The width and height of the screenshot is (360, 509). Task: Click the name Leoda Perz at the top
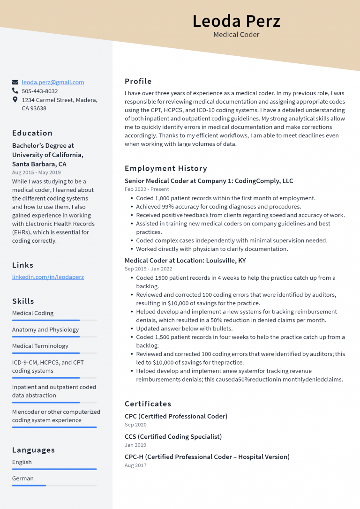pyautogui.click(x=236, y=21)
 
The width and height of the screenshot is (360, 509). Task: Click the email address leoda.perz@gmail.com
pyautogui.click(x=53, y=82)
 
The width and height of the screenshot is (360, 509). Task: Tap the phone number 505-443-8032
pyautogui.click(x=40, y=91)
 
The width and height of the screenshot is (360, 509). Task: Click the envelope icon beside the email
pyautogui.click(x=15, y=82)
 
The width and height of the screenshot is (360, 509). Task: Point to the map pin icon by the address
pyautogui.click(x=15, y=100)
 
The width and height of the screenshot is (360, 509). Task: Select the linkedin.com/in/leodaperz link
pyautogui.click(x=48, y=277)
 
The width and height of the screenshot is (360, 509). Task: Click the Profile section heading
pyautogui.click(x=138, y=81)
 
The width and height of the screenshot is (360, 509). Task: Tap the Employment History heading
pyautogui.click(x=165, y=168)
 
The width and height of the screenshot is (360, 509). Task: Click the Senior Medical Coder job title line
pyautogui.click(x=209, y=181)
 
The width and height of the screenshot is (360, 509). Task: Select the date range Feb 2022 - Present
pyautogui.click(x=147, y=189)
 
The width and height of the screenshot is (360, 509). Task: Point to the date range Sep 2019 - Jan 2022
pyautogui.click(x=148, y=269)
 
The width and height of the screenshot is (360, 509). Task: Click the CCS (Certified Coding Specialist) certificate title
pyautogui.click(x=173, y=437)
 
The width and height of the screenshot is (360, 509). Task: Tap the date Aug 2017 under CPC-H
pyautogui.click(x=135, y=465)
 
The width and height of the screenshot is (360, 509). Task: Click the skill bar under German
pyautogui.click(x=54, y=486)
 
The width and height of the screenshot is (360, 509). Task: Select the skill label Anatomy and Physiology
pyautogui.click(x=45, y=329)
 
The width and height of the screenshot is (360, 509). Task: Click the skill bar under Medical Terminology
pyautogui.click(x=54, y=353)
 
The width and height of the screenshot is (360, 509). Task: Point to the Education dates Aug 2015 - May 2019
pyautogui.click(x=36, y=172)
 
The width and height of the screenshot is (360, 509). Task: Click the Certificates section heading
pyautogui.click(x=148, y=404)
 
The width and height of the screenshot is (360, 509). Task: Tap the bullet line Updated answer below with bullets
pyautogui.click(x=184, y=329)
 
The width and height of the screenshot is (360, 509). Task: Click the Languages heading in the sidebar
pyautogui.click(x=33, y=450)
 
